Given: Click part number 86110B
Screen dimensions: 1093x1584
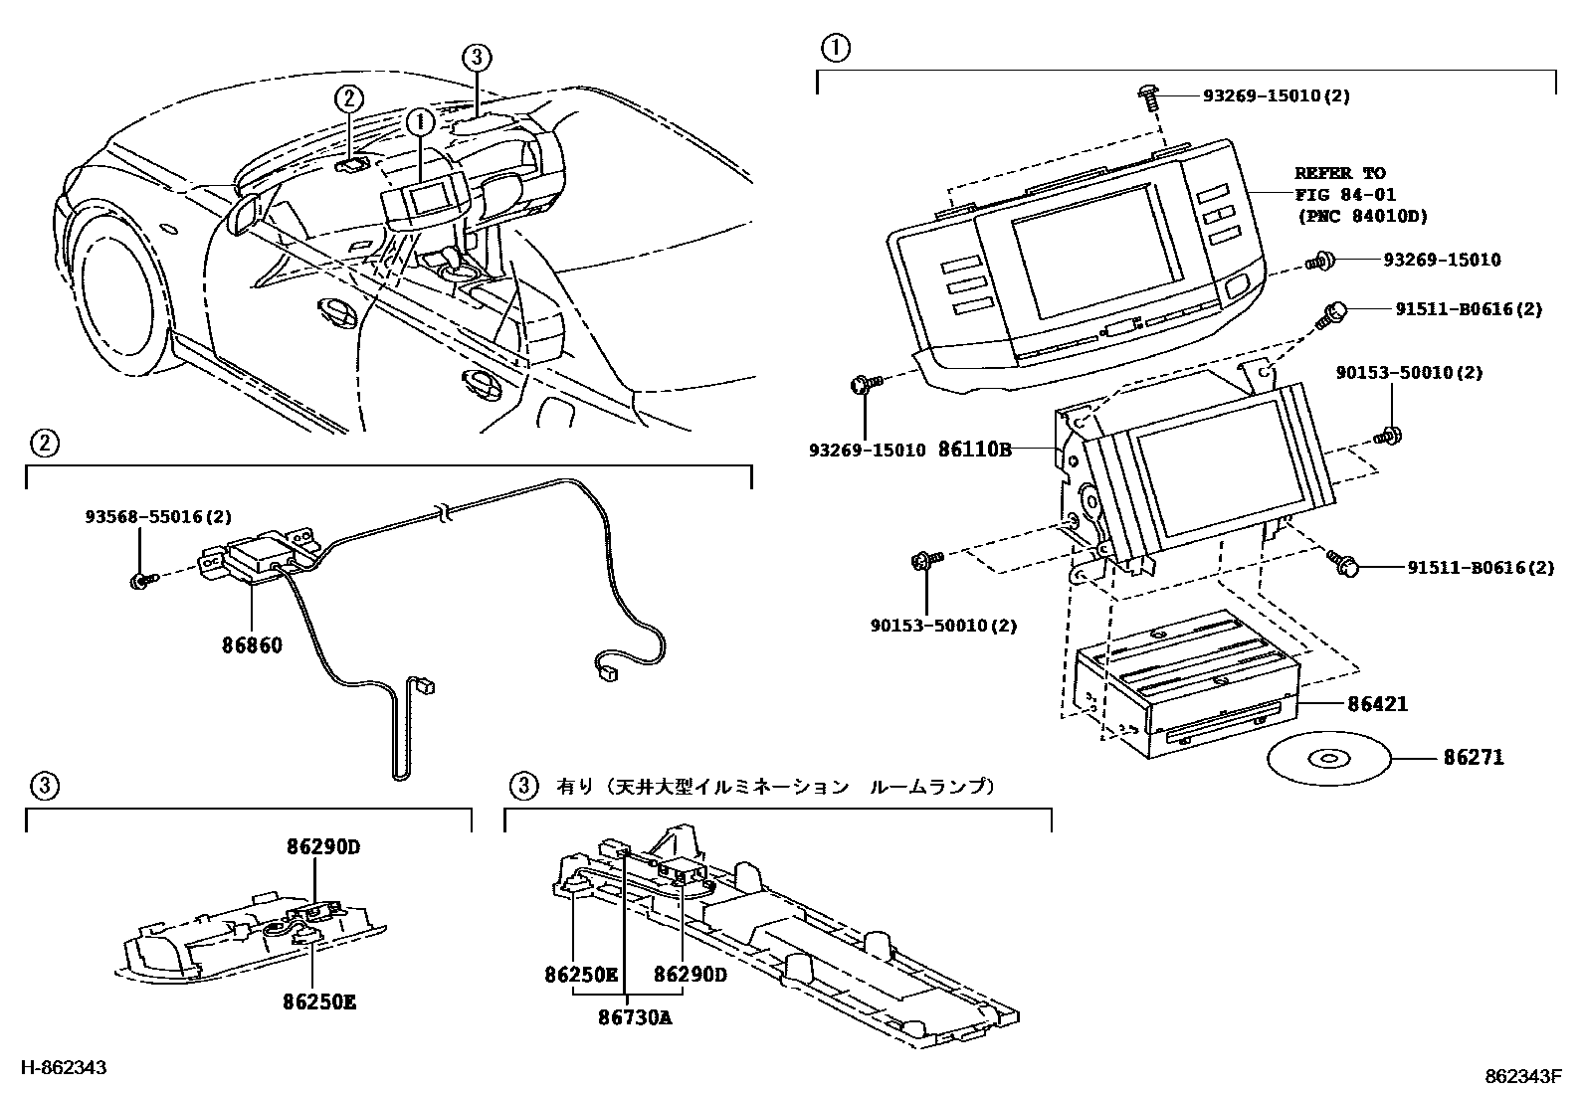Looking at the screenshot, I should (x=974, y=450).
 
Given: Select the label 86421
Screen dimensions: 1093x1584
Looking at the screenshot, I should (x=1377, y=705).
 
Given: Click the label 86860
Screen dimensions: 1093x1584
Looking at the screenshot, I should (x=252, y=645).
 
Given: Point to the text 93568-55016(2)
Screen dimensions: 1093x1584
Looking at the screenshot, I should (x=158, y=517).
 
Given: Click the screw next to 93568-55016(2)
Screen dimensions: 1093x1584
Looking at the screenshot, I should (x=138, y=578).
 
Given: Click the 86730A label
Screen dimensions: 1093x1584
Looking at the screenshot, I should (x=635, y=1017).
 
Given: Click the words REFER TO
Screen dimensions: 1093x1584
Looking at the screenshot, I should (x=1339, y=173).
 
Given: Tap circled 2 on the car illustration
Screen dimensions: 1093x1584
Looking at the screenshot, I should (x=348, y=97).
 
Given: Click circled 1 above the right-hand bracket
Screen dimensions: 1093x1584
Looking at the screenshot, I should (x=834, y=47).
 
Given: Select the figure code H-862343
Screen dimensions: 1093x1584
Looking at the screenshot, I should (x=64, y=1068).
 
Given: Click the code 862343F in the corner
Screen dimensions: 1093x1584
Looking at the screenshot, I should (x=1522, y=1077).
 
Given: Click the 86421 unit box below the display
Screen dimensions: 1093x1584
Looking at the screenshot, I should (x=1184, y=686).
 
